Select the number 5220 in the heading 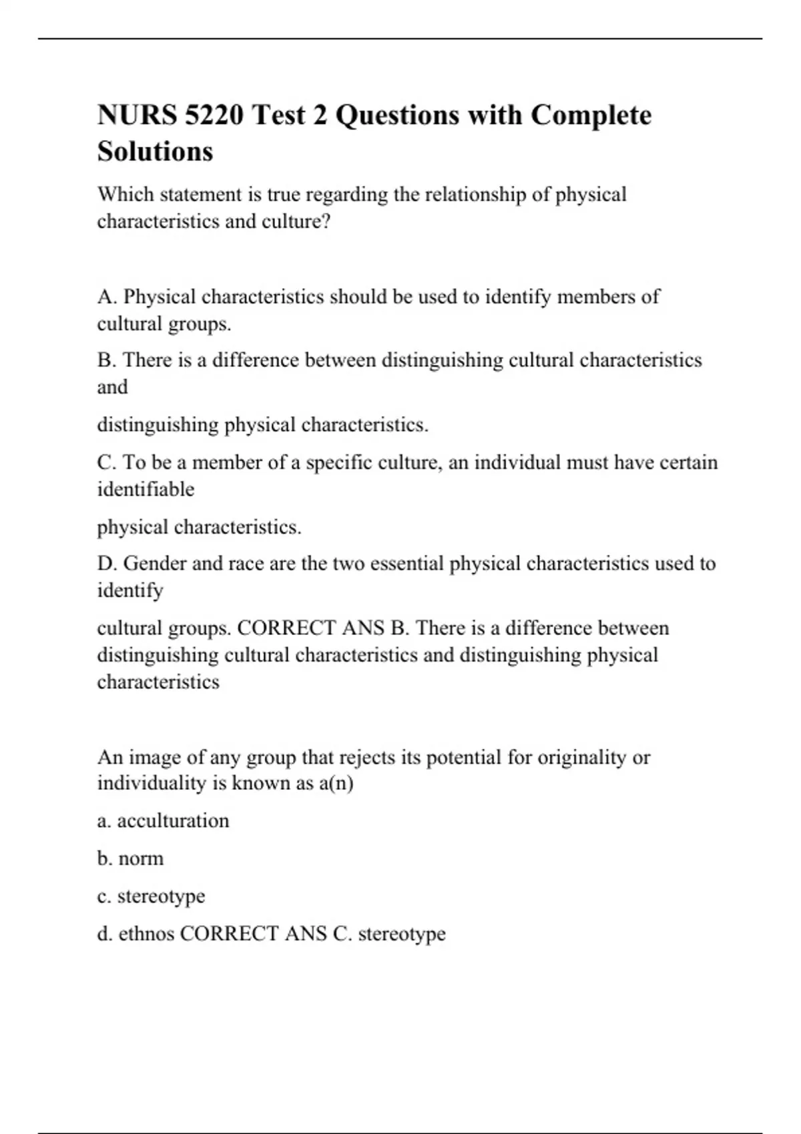[x=214, y=115]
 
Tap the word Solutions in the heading [x=155, y=151]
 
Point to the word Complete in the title [x=591, y=115]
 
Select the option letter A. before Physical [x=107, y=297]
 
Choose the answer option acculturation [x=173, y=820]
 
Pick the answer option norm [x=141, y=859]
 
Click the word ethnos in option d [x=146, y=934]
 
